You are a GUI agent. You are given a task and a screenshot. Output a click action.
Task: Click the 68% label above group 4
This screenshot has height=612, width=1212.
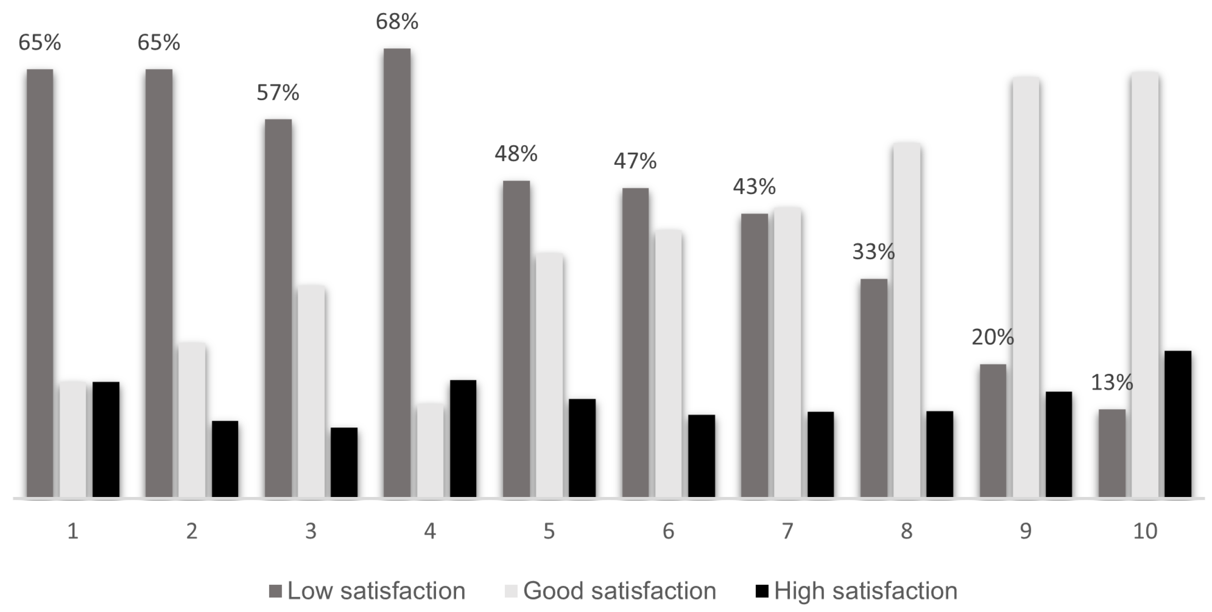coord(397,22)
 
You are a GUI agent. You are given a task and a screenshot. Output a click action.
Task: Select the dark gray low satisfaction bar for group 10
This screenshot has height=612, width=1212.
coord(1112,453)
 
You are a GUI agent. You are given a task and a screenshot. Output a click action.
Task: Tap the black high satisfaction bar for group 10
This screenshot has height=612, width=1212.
coord(1178,424)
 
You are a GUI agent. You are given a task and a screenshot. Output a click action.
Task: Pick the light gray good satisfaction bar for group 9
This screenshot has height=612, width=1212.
coord(1026,287)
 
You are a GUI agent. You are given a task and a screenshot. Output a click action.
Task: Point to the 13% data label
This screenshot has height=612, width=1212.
coord(1112,382)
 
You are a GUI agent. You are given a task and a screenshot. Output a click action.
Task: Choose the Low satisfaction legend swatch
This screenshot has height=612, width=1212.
coord(275,591)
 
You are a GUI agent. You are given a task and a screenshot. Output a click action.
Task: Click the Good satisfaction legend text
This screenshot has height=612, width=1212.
coord(620,591)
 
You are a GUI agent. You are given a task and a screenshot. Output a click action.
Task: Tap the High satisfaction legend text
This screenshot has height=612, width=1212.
coord(866,591)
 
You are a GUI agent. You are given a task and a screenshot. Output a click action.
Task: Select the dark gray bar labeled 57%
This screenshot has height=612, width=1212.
coord(278,308)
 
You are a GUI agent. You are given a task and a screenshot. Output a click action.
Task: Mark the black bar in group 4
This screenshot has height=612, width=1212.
coord(463,439)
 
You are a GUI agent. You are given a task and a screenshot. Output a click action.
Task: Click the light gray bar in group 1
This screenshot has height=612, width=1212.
coord(73,439)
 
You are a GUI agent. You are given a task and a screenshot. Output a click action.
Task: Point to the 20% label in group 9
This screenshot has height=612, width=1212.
coord(993,337)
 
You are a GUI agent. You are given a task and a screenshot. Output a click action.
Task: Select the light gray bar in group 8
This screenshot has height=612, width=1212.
coord(907,320)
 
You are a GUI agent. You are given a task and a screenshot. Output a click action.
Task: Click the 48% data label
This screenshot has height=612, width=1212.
coord(516,154)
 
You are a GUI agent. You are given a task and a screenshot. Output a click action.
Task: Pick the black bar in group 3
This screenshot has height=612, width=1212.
coord(344,462)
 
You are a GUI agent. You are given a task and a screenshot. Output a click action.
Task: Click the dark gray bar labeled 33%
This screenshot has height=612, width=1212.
coord(874,388)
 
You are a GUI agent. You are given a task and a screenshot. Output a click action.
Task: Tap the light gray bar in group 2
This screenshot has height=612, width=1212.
coord(192,420)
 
